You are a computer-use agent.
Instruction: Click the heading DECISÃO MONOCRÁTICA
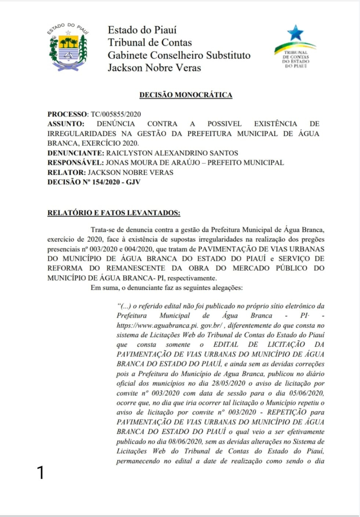(185, 95)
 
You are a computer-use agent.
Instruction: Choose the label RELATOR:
(66, 172)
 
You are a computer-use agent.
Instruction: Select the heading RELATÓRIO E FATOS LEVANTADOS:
(114, 212)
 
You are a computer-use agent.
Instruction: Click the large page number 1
(40, 473)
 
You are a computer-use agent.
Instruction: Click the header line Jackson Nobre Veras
(154, 68)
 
